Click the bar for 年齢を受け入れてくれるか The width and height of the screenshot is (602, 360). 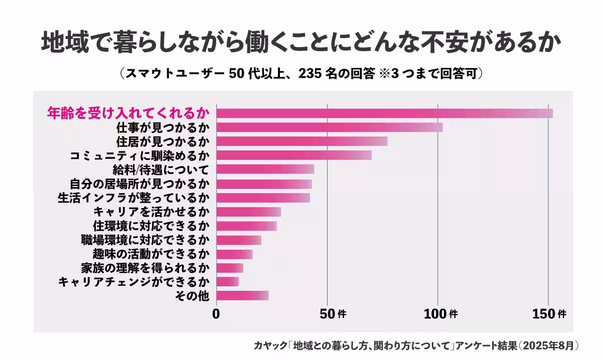click(x=384, y=113)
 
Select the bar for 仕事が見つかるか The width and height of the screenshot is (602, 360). click(x=329, y=127)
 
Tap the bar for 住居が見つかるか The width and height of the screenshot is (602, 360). click(x=302, y=141)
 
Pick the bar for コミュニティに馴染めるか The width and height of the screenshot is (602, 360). click(x=294, y=155)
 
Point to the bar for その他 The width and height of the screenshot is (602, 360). click(x=242, y=296)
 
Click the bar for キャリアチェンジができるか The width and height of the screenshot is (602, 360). click(x=227, y=282)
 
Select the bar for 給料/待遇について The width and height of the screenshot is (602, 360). click(x=265, y=169)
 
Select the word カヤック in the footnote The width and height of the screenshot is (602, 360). click(x=271, y=345)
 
